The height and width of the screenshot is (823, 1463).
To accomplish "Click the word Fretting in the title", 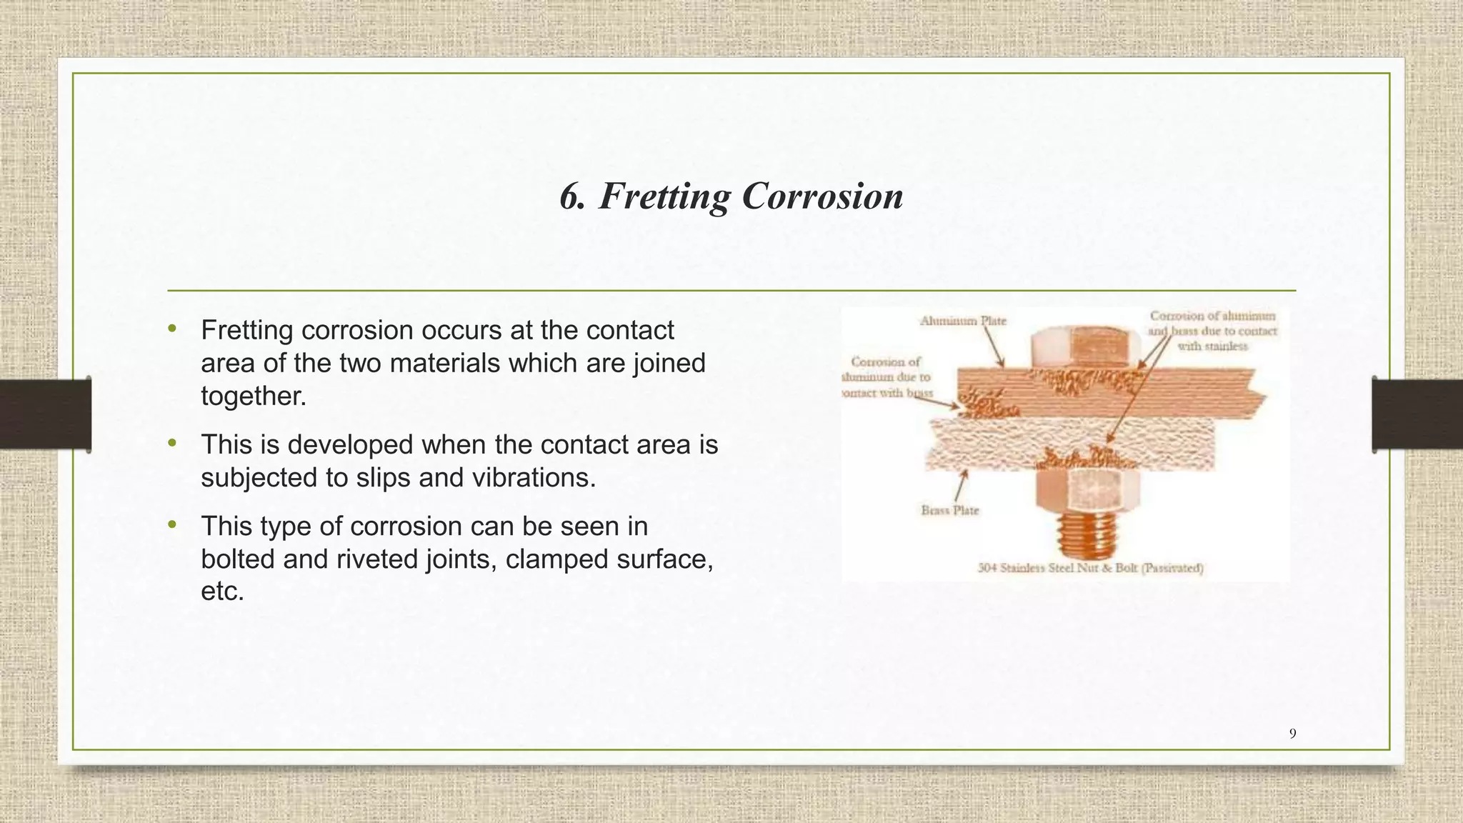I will [664, 196].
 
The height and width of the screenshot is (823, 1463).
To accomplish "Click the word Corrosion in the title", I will [822, 196].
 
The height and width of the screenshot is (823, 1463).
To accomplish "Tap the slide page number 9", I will [1292, 733].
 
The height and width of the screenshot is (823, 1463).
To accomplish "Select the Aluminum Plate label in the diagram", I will [962, 321].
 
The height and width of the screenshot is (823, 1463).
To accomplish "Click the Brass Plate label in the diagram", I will [949, 510].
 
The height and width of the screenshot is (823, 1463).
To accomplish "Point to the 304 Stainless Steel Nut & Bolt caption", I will [1090, 569].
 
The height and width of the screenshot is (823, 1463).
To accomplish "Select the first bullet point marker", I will [171, 329].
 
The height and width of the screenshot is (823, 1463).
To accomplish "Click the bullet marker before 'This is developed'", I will [171, 444].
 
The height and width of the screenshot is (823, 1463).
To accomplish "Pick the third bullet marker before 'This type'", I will [171, 525].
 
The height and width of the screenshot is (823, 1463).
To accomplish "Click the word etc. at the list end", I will [222, 592].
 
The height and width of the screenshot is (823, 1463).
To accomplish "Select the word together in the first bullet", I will [253, 396].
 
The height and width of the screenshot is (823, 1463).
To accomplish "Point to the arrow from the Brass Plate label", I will [961, 487].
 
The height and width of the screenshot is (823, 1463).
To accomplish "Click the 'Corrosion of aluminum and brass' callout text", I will [1212, 331].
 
